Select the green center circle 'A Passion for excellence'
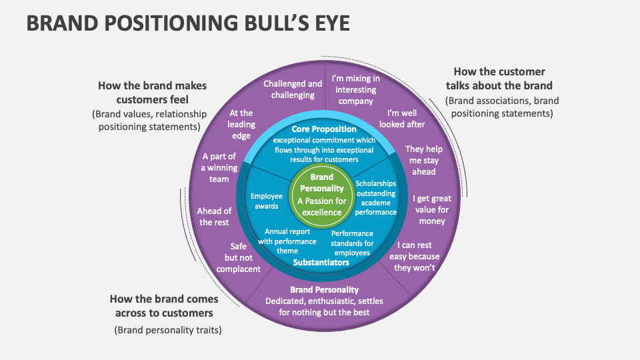pos(322,195)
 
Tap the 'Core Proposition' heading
pos(324,129)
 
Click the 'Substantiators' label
pos(321,262)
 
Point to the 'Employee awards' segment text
pos(267,201)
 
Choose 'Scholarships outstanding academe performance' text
pos(375,197)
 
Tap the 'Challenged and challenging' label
pos(293,89)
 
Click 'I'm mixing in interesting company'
pos(355,89)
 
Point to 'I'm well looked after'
pos(402,119)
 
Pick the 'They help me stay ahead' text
pos(423,160)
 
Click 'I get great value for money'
pos(431,209)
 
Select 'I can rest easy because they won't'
pos(414,257)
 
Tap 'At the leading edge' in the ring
pos(241,125)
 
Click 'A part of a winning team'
pos(219,167)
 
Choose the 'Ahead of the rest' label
pos(214,217)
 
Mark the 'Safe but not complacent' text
pos(238,257)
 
